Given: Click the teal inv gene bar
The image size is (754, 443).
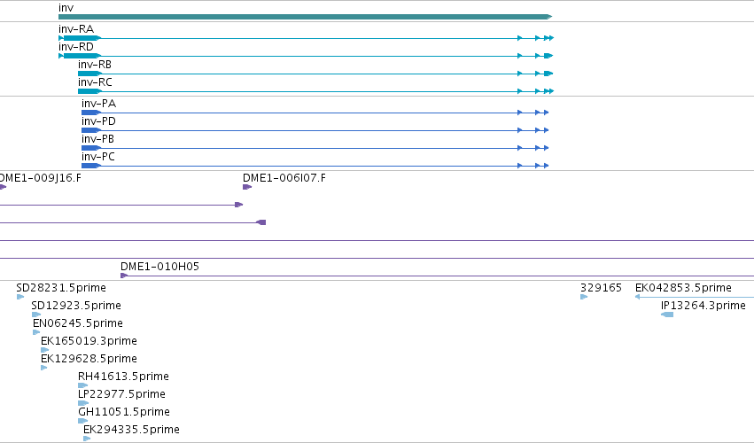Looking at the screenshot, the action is tap(305, 17).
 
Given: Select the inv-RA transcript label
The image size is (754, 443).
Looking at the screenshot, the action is tap(76, 29).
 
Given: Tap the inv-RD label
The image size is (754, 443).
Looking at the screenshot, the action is tap(76, 47).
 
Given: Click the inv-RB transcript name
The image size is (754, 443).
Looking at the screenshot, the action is tap(95, 65).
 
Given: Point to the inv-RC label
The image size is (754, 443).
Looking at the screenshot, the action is tap(95, 82).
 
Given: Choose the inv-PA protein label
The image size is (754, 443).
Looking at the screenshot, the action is tap(98, 104).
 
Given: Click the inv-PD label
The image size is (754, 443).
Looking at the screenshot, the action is tap(98, 121).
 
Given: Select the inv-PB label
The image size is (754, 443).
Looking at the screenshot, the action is tap(97, 139).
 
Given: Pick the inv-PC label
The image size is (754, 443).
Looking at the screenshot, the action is tap(98, 157).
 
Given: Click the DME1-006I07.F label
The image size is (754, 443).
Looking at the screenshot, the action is tap(284, 178).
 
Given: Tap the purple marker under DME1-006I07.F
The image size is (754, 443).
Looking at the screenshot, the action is tap(247, 187).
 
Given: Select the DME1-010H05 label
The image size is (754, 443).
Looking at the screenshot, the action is tap(159, 267).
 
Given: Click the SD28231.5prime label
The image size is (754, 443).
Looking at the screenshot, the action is tap(61, 288).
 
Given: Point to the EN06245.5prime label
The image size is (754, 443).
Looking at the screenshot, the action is tap(78, 323).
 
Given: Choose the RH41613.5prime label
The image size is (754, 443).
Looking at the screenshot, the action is tap(123, 377).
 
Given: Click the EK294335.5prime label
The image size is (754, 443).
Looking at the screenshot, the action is tap(131, 430).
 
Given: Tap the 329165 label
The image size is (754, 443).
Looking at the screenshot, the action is tap(601, 288).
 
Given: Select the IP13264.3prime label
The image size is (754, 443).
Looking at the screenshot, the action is tap(703, 306).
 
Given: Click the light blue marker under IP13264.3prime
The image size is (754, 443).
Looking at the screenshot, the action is tap(667, 315).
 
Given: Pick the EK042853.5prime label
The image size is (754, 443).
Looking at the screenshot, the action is tap(683, 288).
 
